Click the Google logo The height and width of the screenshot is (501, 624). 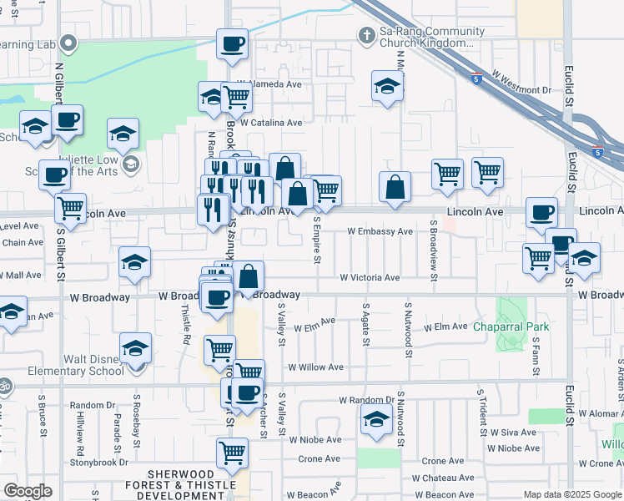point(28,491)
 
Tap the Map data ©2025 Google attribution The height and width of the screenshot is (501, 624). point(571,494)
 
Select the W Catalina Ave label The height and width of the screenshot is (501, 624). point(270,122)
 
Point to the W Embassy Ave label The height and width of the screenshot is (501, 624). point(380,231)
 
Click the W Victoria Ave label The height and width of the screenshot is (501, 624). point(370,278)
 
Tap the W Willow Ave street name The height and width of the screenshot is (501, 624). point(315,367)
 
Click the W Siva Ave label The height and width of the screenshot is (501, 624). point(514,433)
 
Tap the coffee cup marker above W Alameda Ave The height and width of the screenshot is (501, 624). point(233,43)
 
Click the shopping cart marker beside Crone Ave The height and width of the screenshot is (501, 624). point(232,453)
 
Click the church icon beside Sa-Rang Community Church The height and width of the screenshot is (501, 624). point(365,35)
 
